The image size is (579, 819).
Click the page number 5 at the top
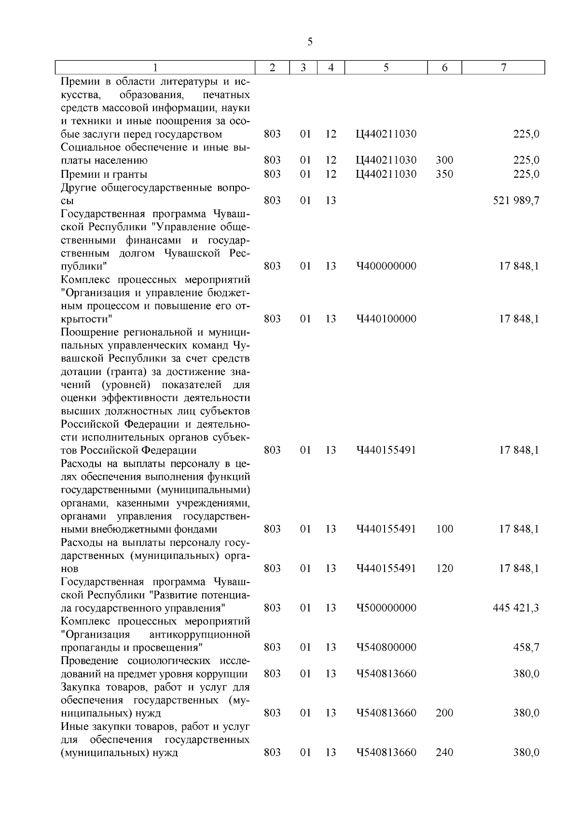pos(310,42)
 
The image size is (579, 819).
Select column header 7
pos(503,68)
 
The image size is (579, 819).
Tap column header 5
pos(386,68)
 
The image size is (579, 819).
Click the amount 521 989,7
pos(516,200)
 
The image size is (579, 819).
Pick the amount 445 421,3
pos(516,608)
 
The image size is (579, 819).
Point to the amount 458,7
pos(526,648)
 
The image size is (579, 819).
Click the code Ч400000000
pos(386,266)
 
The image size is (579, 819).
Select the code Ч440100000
pos(386,319)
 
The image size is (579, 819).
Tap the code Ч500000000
pos(386,608)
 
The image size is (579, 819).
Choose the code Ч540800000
pos(386,648)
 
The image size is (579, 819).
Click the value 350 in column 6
pos(444,174)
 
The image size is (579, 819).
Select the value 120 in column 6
pos(444,569)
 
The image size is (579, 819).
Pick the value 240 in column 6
pos(444,752)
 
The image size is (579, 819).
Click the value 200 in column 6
pos(444,713)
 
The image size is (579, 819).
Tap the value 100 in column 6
pos(444,529)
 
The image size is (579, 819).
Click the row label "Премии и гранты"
pos(104,174)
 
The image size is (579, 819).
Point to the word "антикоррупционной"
pos(200,634)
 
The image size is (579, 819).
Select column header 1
pos(155,68)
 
